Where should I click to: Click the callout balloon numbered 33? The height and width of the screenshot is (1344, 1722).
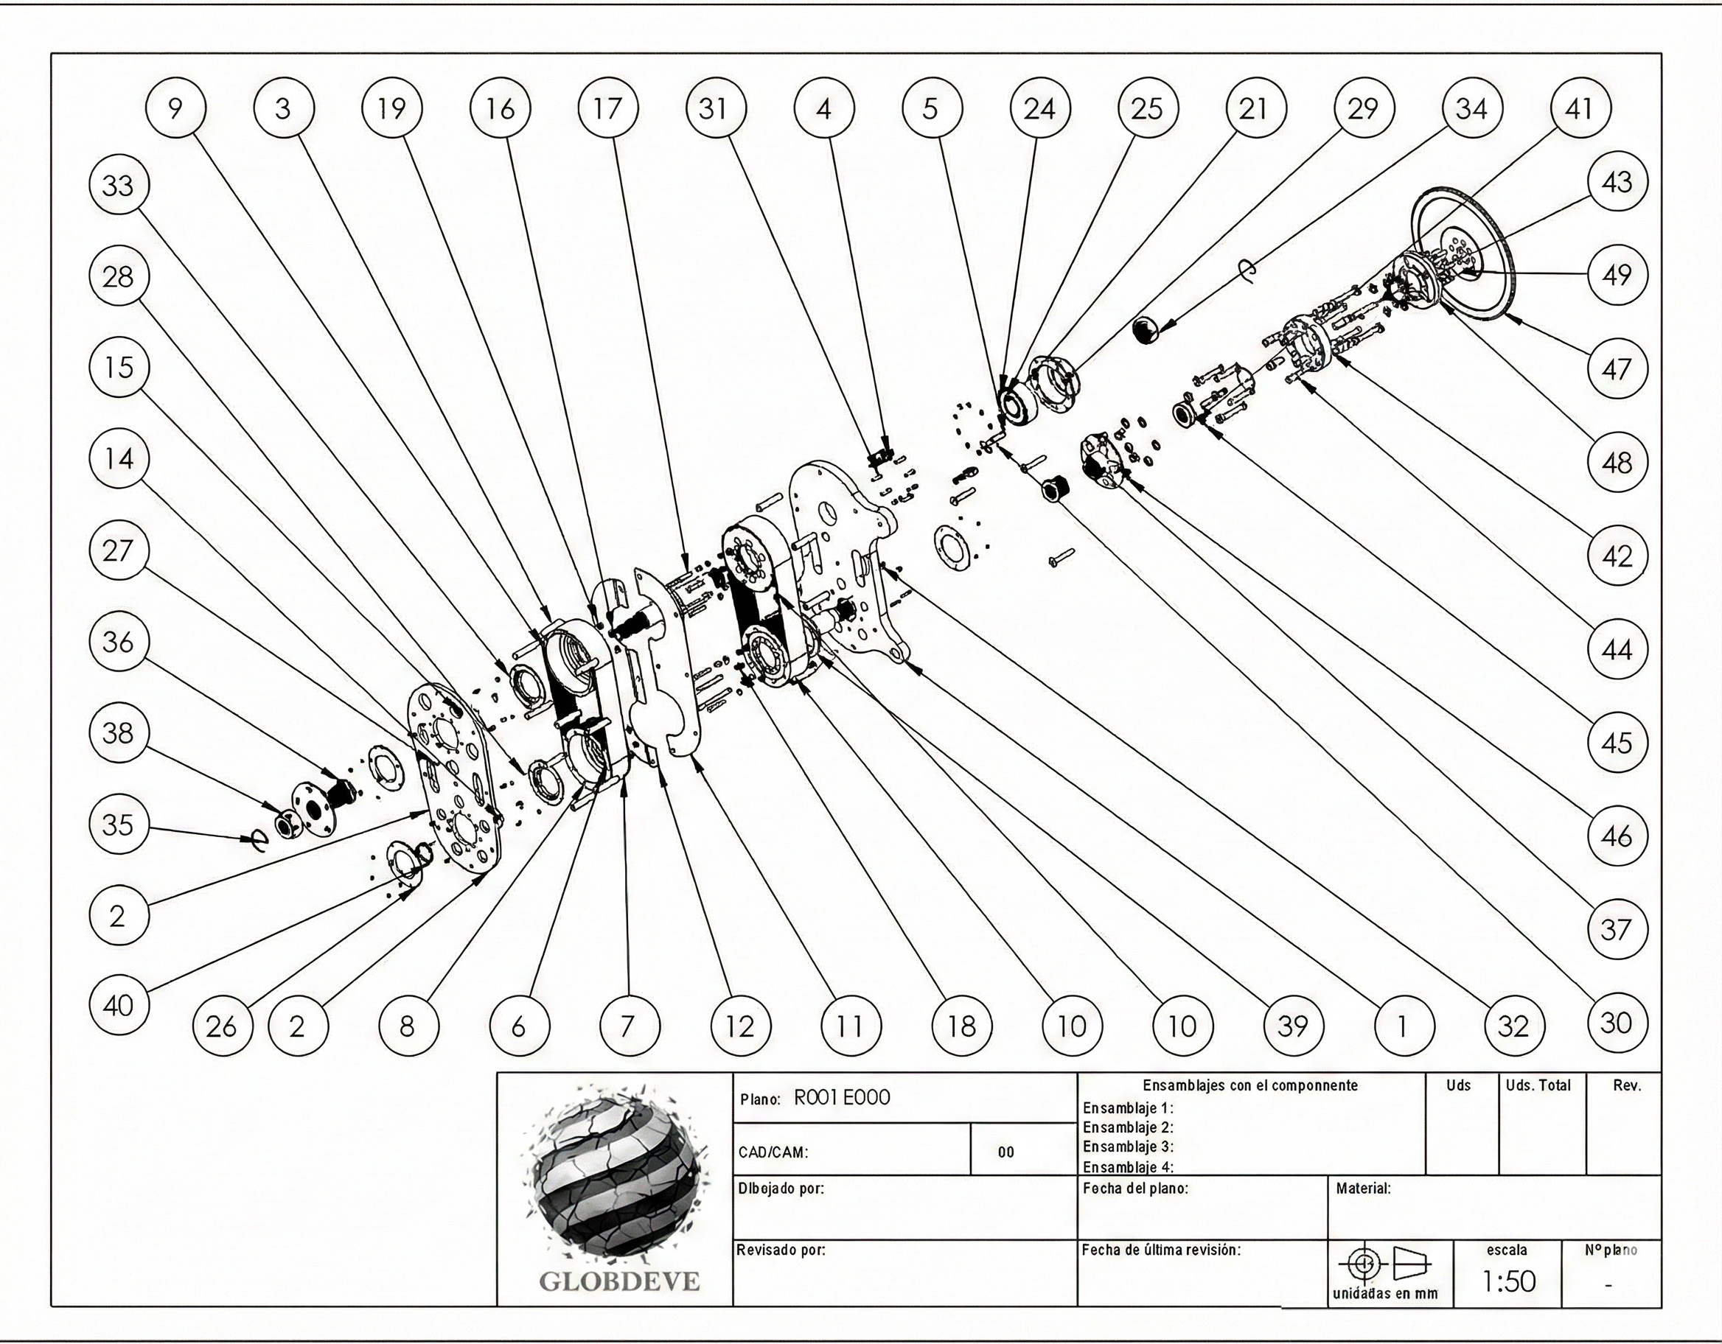tap(117, 186)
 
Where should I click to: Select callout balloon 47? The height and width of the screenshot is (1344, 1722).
tap(1616, 369)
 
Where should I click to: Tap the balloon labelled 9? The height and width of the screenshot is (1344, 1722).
tap(176, 108)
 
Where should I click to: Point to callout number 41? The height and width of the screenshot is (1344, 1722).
tap(1579, 108)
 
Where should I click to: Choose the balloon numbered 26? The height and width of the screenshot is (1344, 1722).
tap(222, 1026)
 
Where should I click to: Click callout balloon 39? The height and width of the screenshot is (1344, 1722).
tap(1292, 1026)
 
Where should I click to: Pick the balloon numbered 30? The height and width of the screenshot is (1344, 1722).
tap(1616, 1023)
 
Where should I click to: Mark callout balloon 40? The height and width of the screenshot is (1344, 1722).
tap(117, 1006)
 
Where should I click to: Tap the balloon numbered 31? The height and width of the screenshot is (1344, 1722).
tap(714, 108)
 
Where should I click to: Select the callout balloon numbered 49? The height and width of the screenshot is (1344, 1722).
tap(1616, 275)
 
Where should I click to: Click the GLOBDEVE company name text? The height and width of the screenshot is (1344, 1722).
tap(619, 1281)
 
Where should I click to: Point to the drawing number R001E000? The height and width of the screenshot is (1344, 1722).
tap(841, 1098)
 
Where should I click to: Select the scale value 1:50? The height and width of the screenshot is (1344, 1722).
tap(1509, 1281)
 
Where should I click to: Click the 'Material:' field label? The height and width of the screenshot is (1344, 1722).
tap(1363, 1188)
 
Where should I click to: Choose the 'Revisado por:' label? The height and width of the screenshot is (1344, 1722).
tap(781, 1250)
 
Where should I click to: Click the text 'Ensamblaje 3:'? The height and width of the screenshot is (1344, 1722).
tap(1128, 1147)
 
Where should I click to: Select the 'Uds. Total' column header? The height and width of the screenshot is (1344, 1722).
tap(1538, 1085)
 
